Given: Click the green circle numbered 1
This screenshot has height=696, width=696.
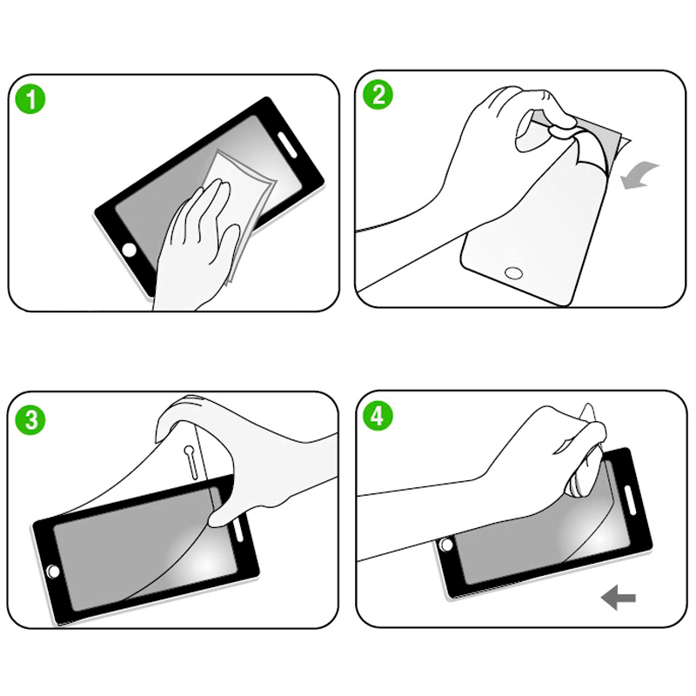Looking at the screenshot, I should click(x=31, y=99).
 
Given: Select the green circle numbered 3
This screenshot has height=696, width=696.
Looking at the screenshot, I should click(x=31, y=420).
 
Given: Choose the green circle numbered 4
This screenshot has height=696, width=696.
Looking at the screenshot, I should click(x=378, y=416).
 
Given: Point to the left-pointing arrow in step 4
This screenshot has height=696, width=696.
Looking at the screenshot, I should click(x=619, y=597).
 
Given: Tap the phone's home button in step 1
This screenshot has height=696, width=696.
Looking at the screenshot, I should click(x=129, y=250).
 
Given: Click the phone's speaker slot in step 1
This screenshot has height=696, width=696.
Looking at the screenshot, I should click(x=286, y=144).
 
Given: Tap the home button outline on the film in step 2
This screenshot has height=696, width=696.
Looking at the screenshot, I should click(x=513, y=273).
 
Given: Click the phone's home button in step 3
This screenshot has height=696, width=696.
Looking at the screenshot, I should click(x=53, y=571).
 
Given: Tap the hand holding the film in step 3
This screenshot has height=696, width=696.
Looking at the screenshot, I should click(x=252, y=461).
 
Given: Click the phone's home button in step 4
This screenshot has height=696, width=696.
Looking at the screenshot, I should click(x=447, y=545).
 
